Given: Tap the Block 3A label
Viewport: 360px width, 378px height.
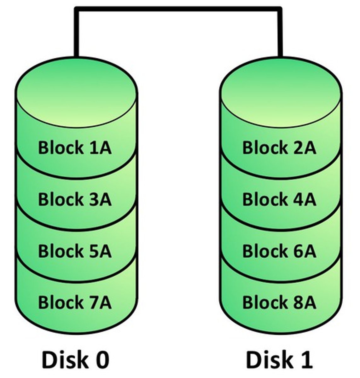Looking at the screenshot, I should coord(75,199).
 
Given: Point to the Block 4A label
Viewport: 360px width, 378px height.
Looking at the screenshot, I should coord(279,199).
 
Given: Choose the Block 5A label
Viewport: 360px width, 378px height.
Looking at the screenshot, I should coord(75,251).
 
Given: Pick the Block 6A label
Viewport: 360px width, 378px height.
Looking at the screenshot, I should coord(279,251).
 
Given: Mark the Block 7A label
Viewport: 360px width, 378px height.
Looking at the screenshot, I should coord(75,302).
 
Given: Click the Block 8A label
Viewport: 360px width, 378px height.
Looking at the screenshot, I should coord(279,302).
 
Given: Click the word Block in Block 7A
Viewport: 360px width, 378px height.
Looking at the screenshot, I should coord(60,302).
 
